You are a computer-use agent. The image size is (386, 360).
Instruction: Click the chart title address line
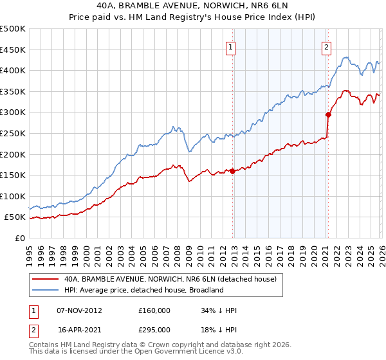[193, 6]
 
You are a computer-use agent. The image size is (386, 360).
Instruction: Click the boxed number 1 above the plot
[230, 46]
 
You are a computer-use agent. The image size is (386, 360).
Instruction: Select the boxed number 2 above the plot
[326, 46]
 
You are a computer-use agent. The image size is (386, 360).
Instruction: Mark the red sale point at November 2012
[232, 171]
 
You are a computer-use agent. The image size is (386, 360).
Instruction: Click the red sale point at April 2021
[328, 115]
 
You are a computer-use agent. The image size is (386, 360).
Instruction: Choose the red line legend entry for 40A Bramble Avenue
[170, 279]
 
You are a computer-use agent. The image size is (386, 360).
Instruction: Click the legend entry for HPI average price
[143, 290]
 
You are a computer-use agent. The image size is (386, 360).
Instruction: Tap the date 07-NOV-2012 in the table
[80, 310]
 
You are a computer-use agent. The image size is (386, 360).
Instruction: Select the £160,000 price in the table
[154, 310]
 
